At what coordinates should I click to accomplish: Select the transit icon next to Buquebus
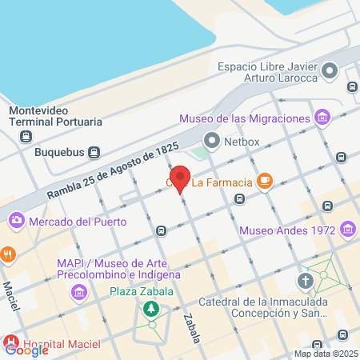(x=94, y=151)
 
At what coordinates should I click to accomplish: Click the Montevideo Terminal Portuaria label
(x=55, y=117)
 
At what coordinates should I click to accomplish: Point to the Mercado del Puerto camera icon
(x=16, y=219)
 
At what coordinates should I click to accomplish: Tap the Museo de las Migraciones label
(x=244, y=119)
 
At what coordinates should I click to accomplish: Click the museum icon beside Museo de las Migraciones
(x=322, y=119)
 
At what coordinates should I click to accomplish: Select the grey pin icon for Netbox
(x=211, y=141)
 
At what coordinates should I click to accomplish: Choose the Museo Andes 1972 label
(x=288, y=232)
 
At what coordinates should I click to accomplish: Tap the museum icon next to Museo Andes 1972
(x=347, y=232)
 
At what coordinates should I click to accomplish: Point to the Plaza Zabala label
(x=142, y=290)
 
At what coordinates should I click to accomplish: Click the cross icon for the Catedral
(x=305, y=281)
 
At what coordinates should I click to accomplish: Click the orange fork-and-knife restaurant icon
(x=8, y=255)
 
